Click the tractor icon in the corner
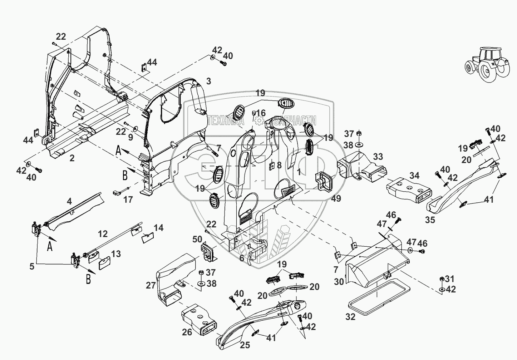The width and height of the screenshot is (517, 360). tap(487, 64)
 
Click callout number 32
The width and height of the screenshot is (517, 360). tap(351, 317)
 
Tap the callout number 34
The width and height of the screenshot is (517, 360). tap(414, 176)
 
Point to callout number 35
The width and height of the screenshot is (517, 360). tap(430, 220)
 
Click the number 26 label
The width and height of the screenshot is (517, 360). tap(187, 332)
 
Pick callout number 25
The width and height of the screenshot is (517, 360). tap(245, 345)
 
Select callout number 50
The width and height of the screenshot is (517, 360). tap(197, 239)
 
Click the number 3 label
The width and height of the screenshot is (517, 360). tap(209, 81)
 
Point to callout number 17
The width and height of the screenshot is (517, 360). tap(128, 199)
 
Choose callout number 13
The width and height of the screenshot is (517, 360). tap(115, 254)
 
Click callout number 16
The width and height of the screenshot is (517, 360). tap(261, 113)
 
